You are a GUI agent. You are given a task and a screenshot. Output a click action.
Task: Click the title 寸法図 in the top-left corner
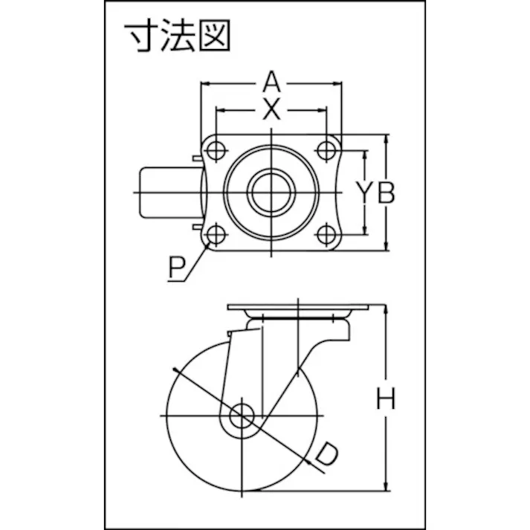(x=177, y=36)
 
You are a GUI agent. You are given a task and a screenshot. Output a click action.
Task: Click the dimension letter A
(x=271, y=82)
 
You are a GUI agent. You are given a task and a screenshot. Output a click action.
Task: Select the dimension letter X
(x=271, y=109)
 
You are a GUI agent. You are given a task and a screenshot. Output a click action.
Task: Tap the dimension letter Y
(x=363, y=193)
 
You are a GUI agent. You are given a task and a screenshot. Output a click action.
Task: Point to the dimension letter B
(x=386, y=193)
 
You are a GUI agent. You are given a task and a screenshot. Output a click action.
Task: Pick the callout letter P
(x=177, y=267)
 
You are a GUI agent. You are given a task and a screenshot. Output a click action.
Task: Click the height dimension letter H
(x=386, y=398)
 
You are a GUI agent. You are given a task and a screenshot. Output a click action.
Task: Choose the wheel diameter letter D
(x=326, y=455)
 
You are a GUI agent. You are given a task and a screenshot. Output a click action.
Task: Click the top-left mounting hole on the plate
(x=216, y=149)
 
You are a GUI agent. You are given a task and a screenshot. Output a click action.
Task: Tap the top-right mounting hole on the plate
(x=326, y=149)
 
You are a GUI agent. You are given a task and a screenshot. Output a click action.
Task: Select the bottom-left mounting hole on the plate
(x=216, y=234)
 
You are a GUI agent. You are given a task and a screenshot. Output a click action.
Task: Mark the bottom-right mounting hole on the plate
(x=326, y=234)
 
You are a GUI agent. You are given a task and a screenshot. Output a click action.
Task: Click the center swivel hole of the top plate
(x=271, y=193)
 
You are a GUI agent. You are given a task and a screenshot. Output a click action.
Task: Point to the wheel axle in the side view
(x=242, y=416)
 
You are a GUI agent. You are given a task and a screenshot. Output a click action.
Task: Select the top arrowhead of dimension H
(x=386, y=309)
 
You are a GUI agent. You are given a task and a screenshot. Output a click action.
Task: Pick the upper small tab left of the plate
(x=197, y=158)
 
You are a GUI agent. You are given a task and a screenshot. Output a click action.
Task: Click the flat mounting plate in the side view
(x=298, y=307)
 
